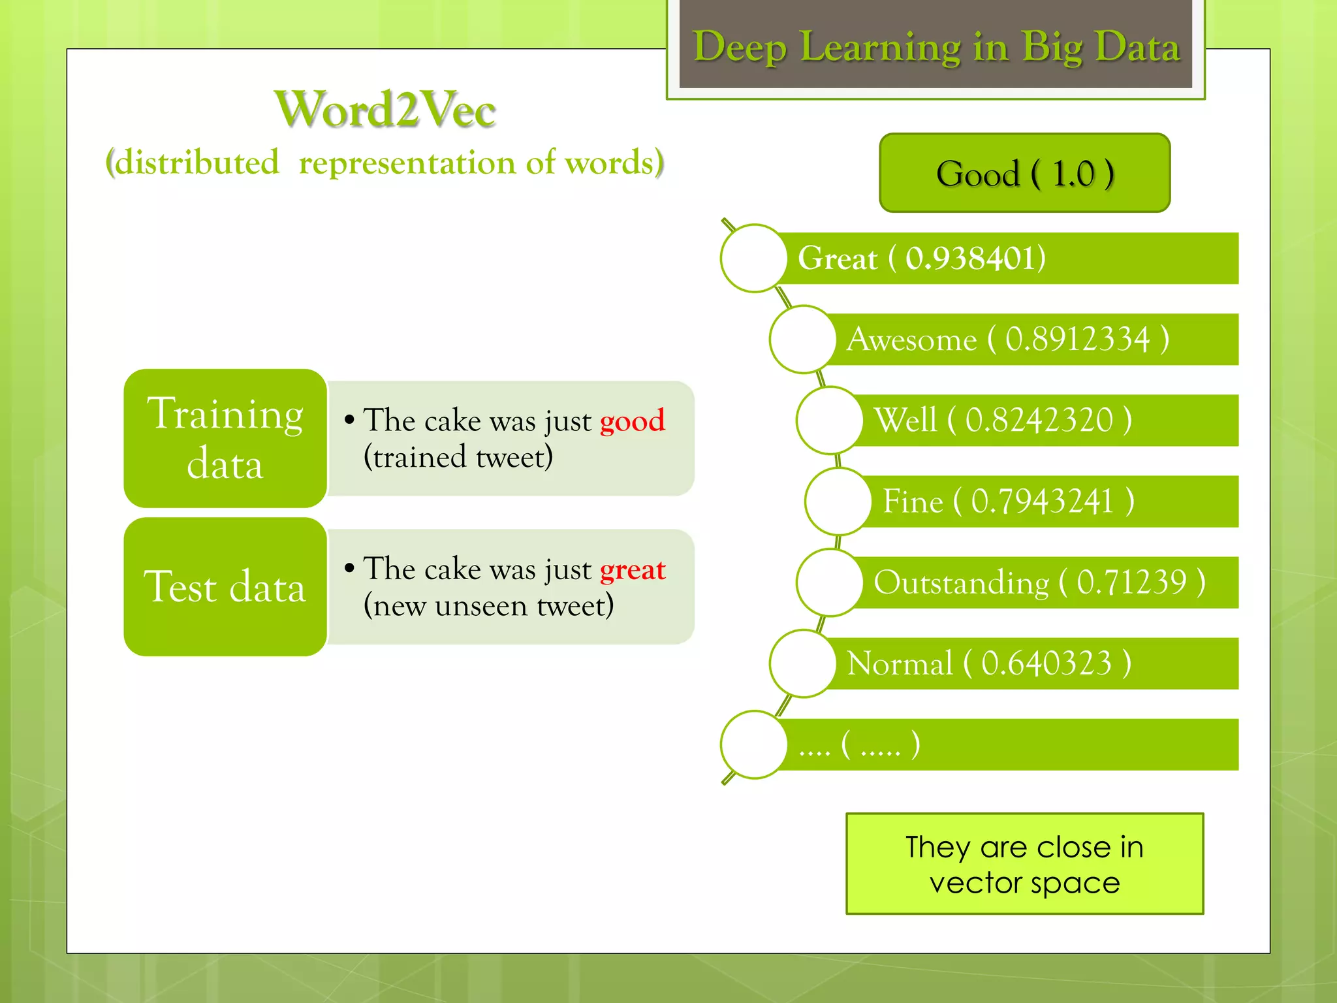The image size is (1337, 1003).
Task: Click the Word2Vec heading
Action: tap(385, 110)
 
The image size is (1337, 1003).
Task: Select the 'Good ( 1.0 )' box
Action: tap(1024, 173)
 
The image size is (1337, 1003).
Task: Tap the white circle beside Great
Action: tap(754, 258)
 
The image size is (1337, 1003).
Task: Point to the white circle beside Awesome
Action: tap(802, 339)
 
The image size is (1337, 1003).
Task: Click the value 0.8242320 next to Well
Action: tap(1039, 420)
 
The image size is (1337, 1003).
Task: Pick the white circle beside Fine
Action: tap(838, 501)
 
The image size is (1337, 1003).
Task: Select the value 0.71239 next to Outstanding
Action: tap(1131, 582)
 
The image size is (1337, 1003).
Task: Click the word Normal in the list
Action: tap(900, 663)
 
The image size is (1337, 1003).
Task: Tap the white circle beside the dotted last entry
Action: tap(754, 744)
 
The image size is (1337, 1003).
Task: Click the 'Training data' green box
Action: tap(225, 438)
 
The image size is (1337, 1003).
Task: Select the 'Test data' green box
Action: tap(225, 586)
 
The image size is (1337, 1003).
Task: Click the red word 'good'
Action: tap(632, 421)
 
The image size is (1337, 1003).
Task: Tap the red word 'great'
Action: tap(633, 569)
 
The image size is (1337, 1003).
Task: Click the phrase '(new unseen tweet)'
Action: tap(488, 605)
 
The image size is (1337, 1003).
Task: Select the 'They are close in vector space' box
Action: tap(1024, 863)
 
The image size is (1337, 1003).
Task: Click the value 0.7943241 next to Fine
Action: tap(1042, 501)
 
